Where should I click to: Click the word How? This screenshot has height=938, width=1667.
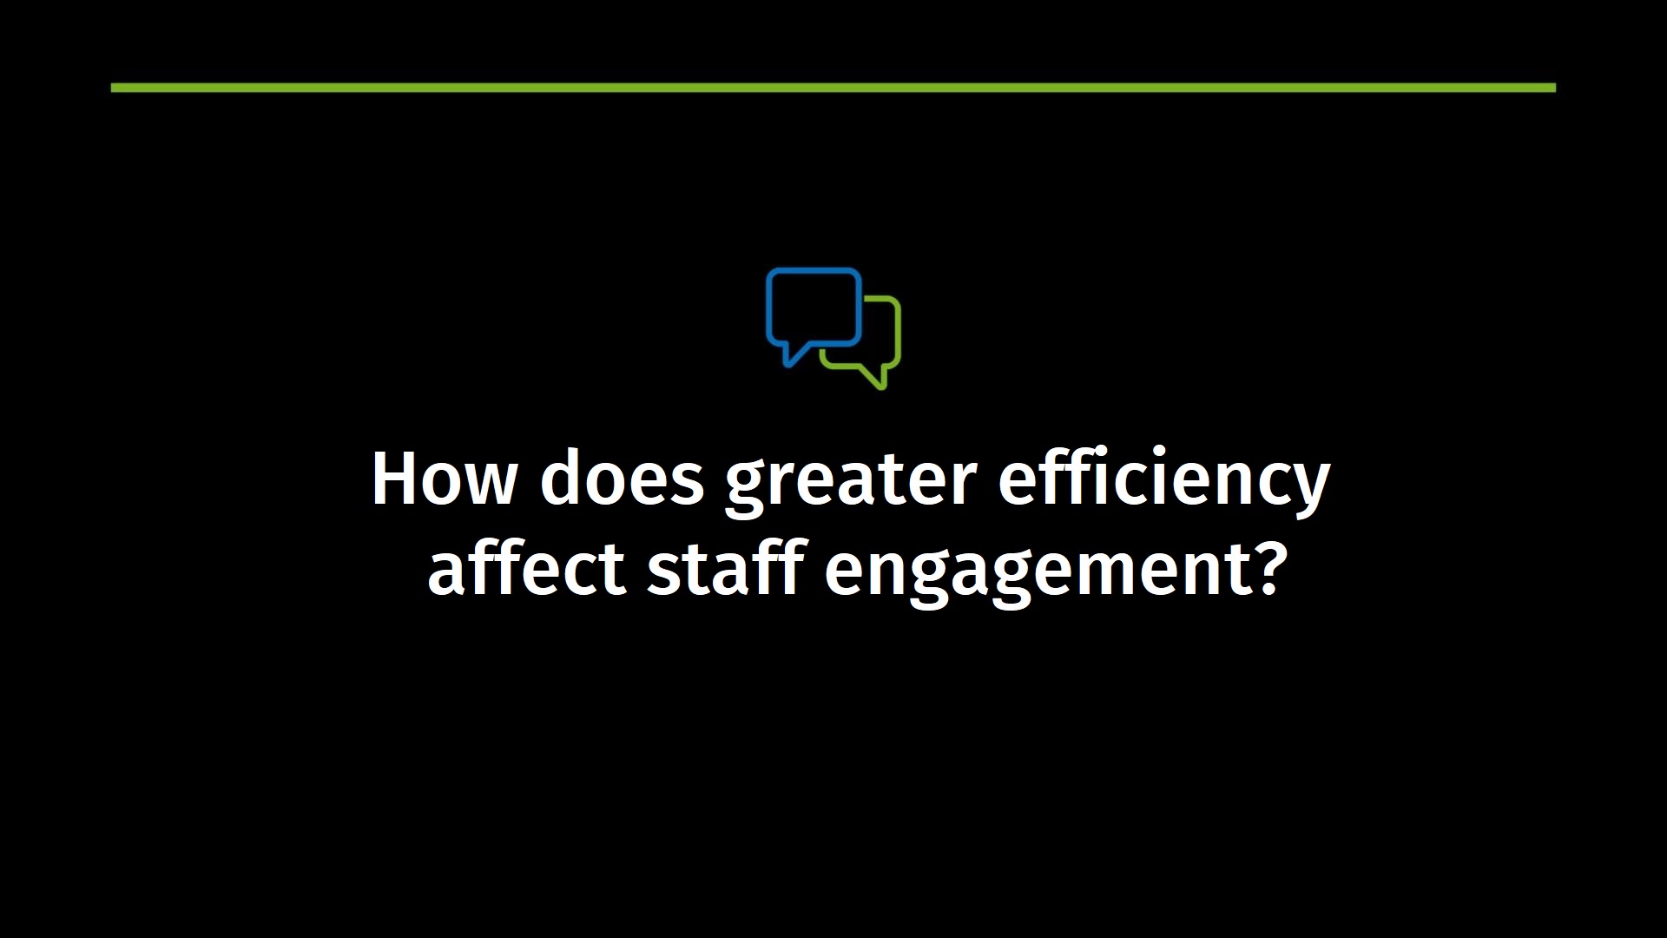[x=445, y=479]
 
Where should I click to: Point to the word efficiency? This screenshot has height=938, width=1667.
[x=1164, y=481]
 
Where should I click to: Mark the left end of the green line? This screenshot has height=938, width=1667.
[x=111, y=88]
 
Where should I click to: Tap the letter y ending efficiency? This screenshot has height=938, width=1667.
[x=1309, y=491]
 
